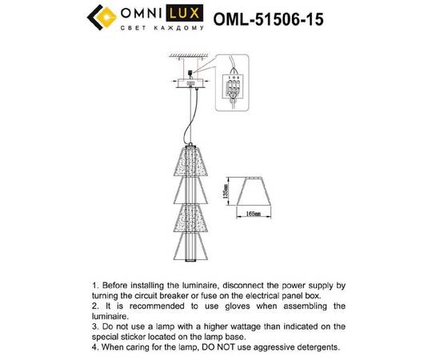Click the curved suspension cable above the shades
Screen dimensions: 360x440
(x=190, y=120)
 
